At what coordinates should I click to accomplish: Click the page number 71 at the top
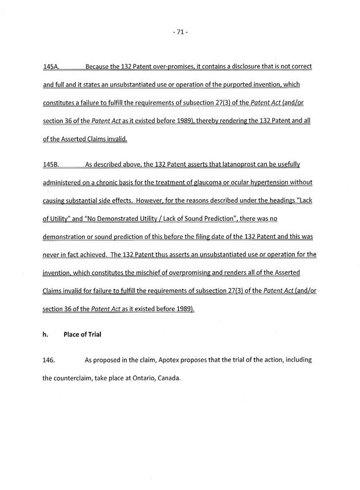(x=180, y=32)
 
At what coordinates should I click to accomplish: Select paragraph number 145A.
(x=52, y=67)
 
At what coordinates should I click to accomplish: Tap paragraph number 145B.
(x=52, y=164)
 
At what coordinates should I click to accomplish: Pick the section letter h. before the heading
(x=46, y=334)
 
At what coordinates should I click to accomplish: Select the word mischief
(x=151, y=272)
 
